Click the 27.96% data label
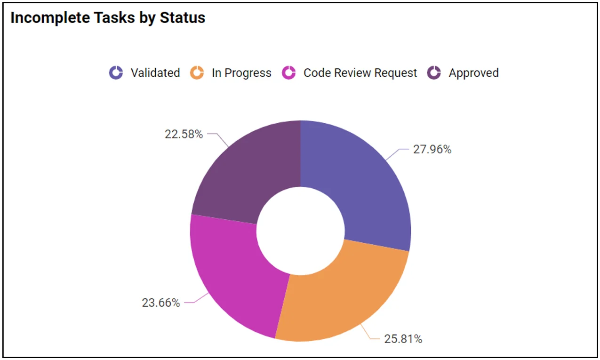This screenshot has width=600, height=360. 432,150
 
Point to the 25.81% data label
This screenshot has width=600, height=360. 403,339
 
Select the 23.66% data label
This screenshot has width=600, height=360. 161,303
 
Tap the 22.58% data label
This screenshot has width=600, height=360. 184,134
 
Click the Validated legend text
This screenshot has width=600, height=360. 155,73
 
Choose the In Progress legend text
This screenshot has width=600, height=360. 241,73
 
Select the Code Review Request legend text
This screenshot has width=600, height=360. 360,73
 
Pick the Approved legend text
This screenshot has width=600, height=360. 473,73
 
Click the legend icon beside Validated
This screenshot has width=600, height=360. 116,73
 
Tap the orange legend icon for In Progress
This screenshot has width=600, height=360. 197,73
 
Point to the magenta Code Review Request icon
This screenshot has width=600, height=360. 288,73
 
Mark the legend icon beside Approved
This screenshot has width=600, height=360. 434,73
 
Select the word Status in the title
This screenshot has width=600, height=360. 182,18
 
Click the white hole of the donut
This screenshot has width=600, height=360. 300,231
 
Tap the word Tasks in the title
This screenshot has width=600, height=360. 109,18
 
